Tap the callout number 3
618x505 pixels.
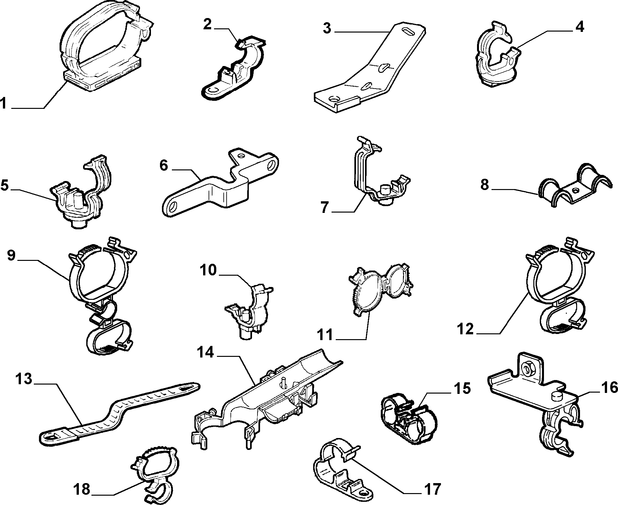coord(327,28)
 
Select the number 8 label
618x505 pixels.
coord(485,186)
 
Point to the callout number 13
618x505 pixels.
coord(24,379)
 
